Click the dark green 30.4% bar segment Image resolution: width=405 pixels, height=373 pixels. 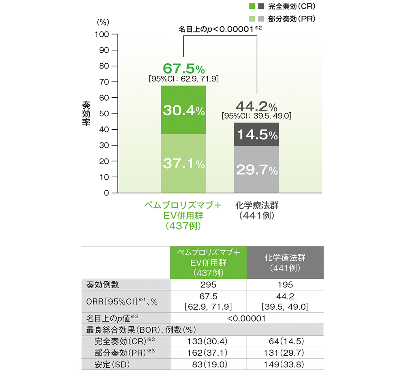point(183,110)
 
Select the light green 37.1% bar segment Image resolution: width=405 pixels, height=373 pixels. point(183,164)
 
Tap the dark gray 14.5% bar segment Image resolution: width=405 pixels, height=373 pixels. point(257,135)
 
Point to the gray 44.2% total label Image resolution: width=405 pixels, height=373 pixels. point(257,107)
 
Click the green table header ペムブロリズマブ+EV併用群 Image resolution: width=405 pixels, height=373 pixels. point(208,262)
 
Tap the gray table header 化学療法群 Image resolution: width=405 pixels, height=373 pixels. point(285,262)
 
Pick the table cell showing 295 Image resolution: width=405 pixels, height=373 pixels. point(208,285)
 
